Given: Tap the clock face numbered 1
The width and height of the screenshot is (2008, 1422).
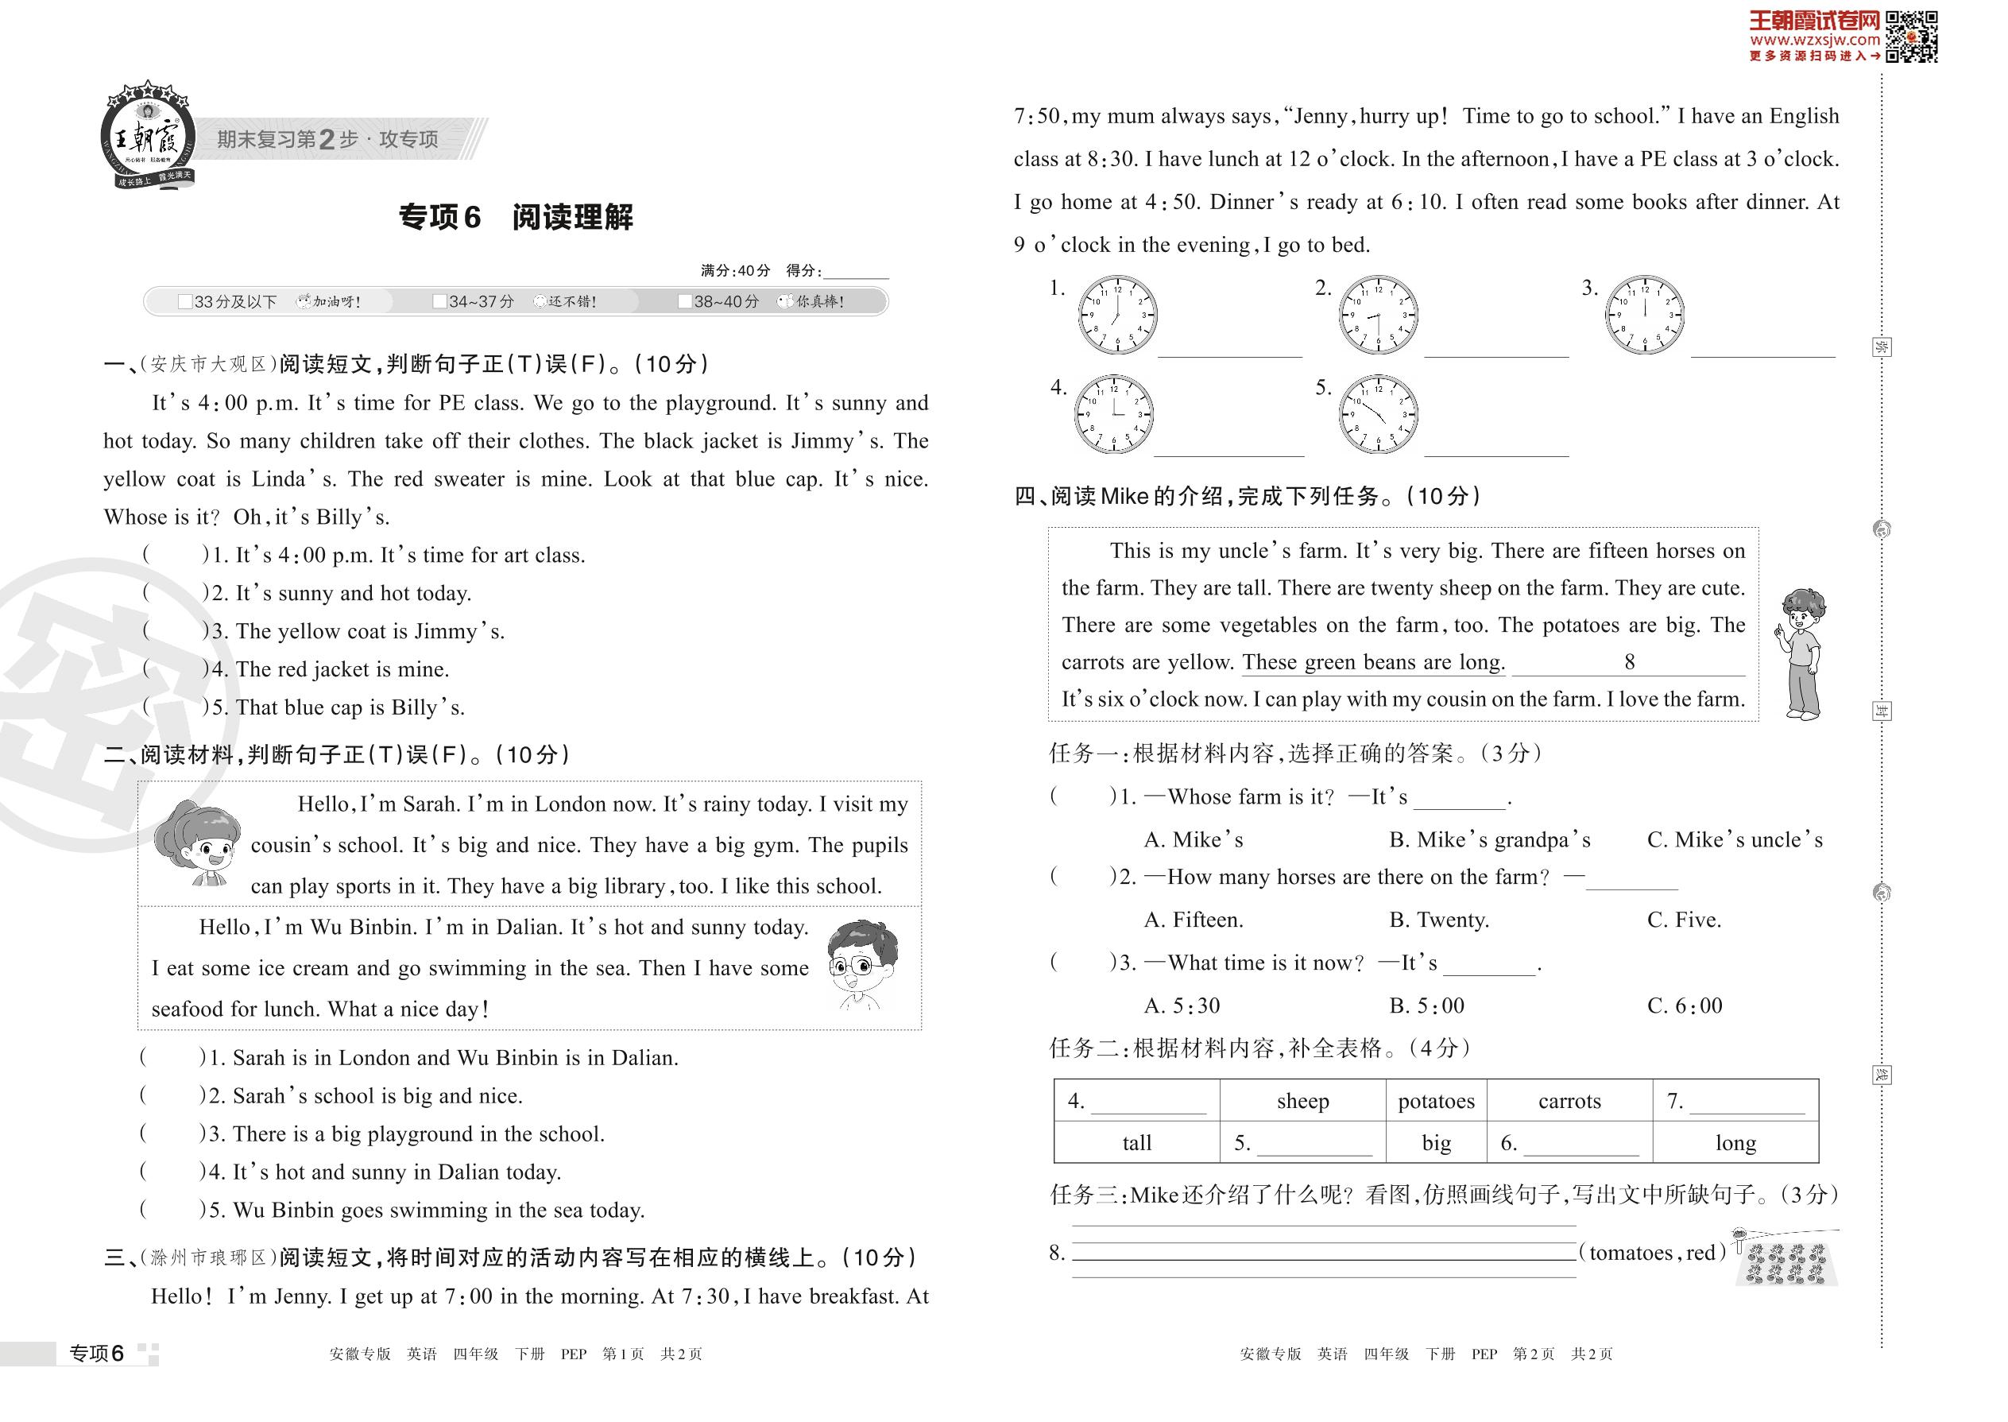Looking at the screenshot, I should (x=1117, y=316).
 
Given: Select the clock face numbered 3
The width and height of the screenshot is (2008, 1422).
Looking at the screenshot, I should (x=1645, y=316).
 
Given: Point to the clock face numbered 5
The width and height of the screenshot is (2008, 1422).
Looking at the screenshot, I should (x=1378, y=414).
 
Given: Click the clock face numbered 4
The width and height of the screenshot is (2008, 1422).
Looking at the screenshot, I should (x=1113, y=414).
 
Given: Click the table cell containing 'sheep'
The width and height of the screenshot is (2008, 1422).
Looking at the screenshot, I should (x=1302, y=1102).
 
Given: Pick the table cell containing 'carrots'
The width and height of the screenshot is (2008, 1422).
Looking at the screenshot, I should (x=1569, y=1102).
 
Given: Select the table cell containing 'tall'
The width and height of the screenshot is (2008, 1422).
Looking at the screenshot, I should (x=1136, y=1143).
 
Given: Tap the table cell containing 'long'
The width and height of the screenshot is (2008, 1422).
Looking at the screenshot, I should (x=1735, y=1143).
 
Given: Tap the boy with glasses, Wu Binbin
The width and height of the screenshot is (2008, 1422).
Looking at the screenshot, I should (x=862, y=963).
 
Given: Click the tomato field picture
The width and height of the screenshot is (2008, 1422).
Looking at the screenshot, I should (x=1787, y=1259).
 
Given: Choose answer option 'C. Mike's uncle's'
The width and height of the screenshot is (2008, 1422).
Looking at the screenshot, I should (x=1734, y=839).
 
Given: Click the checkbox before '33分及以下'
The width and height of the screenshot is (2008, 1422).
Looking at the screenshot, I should (x=184, y=302).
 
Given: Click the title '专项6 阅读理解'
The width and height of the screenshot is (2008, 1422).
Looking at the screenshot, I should (x=516, y=217).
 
